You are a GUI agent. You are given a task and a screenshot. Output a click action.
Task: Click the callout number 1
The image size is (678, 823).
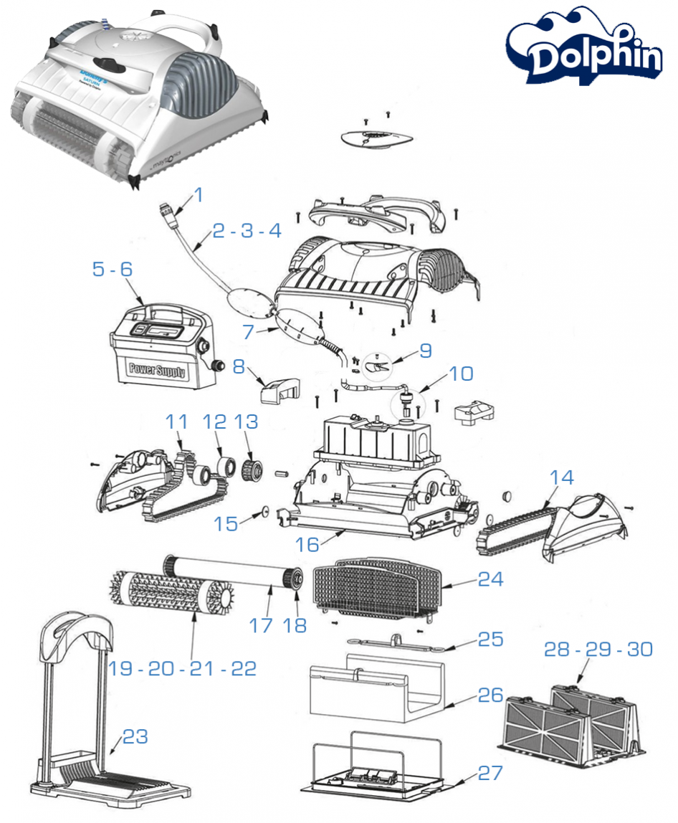point(199,194)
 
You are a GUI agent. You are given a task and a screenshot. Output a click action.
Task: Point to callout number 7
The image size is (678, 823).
point(248,333)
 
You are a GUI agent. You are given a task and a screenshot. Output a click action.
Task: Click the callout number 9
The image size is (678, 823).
point(426,351)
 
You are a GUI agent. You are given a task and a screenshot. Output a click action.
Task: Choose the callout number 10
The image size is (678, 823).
point(462,374)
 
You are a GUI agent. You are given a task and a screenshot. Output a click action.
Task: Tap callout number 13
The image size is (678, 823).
point(247,422)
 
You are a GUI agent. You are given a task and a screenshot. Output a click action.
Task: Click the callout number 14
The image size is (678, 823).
point(562,477)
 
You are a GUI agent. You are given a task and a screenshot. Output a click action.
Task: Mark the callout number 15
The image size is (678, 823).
point(226,524)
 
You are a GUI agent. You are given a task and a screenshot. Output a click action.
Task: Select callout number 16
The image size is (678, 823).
point(307,544)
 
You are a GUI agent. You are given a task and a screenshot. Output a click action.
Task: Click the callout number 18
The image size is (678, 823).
point(295,625)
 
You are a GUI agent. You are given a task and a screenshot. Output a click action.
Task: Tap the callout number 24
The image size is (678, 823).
point(491,579)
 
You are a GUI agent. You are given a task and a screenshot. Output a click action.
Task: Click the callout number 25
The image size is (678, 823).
point(491,639)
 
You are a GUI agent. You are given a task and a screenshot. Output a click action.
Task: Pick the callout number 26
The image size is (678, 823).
point(491,695)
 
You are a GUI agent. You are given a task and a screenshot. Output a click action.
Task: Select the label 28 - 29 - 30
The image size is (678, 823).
point(598,649)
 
